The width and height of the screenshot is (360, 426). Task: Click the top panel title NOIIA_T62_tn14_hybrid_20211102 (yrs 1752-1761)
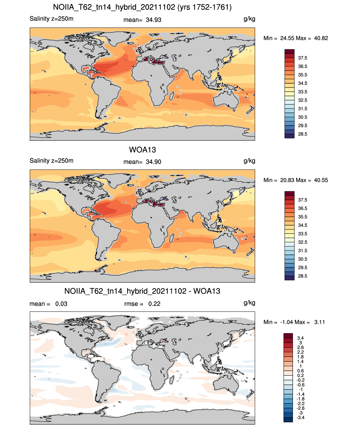(142, 7)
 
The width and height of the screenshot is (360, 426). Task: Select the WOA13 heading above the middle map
(142, 150)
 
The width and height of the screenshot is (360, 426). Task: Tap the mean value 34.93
(153, 20)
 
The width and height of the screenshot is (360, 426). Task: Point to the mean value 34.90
(153, 162)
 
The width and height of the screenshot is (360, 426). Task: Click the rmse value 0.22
(154, 304)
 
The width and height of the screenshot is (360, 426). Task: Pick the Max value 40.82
(321, 38)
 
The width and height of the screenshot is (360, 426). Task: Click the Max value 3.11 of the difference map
(319, 322)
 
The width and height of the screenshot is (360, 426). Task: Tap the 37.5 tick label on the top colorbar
(303, 58)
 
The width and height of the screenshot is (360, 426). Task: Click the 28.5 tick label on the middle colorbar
(303, 276)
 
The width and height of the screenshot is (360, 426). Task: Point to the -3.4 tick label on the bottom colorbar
(300, 418)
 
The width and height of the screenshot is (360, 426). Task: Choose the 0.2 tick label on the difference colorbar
(300, 376)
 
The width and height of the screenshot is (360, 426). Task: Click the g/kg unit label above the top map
(249, 19)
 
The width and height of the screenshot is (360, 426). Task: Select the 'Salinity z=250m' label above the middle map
(52, 160)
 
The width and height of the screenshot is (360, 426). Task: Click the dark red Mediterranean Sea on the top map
(155, 61)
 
